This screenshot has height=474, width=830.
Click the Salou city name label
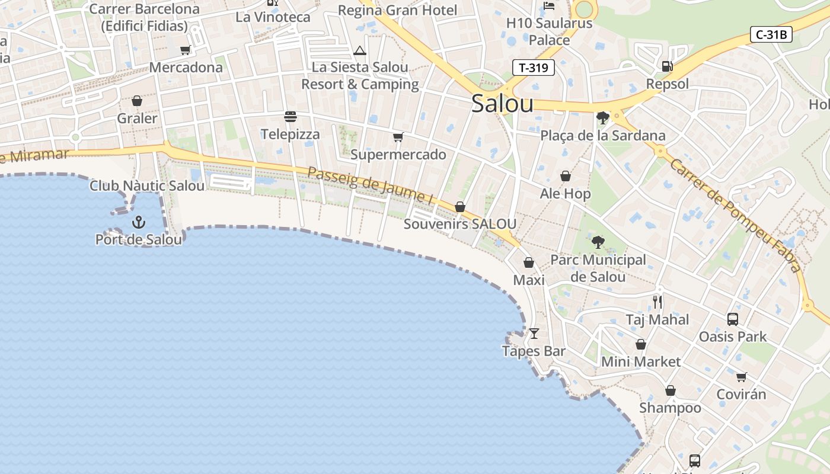point(502,104)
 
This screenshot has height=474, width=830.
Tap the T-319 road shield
point(533,68)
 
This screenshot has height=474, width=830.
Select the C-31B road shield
point(771,34)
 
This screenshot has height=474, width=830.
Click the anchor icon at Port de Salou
point(138,222)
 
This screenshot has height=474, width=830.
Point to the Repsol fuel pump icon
point(667,66)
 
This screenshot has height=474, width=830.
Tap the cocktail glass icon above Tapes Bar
point(534,333)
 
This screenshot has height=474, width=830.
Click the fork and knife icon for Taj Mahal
point(657,302)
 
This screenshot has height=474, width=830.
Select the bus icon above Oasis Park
point(732,319)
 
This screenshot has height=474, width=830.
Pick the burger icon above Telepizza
point(290,116)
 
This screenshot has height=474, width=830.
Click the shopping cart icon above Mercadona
point(186,50)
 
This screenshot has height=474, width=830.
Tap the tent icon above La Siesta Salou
point(360,50)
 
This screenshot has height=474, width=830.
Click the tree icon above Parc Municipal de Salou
point(598,242)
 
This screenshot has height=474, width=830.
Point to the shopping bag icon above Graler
point(137,101)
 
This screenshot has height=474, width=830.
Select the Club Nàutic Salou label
point(147,185)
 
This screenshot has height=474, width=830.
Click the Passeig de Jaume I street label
point(370,185)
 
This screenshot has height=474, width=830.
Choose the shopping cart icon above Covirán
point(741,377)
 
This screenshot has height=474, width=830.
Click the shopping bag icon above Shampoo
point(670,390)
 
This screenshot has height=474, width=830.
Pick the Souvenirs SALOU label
point(459,224)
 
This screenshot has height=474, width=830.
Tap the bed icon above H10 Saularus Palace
point(548,6)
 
